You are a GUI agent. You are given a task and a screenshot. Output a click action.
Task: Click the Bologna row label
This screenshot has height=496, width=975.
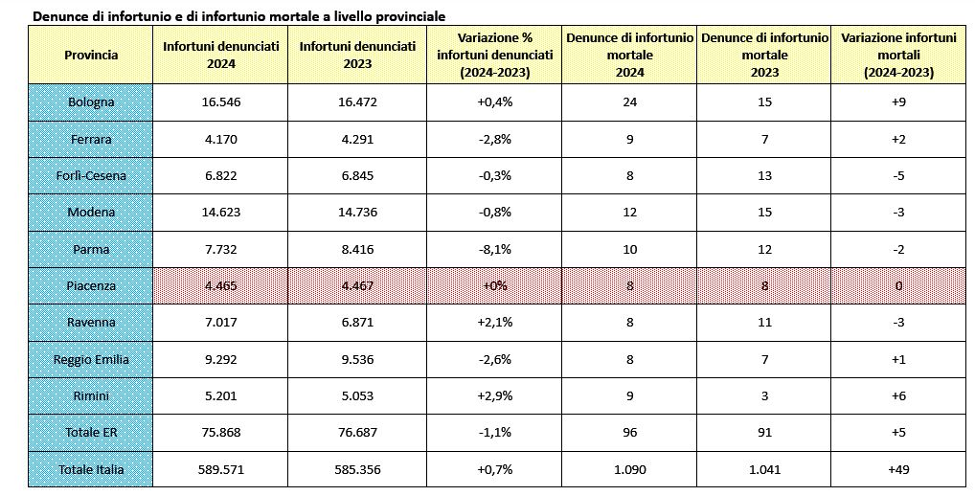(x=91, y=101)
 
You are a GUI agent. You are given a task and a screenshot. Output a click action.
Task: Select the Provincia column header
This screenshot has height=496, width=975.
(x=91, y=55)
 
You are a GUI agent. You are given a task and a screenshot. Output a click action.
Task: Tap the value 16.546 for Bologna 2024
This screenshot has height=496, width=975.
(x=220, y=101)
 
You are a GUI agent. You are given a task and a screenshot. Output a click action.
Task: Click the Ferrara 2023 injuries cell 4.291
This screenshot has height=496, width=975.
(x=357, y=139)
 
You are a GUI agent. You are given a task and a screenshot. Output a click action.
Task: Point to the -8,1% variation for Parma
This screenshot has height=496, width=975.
(x=494, y=249)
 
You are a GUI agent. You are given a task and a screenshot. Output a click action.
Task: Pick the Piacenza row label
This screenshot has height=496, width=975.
(x=91, y=286)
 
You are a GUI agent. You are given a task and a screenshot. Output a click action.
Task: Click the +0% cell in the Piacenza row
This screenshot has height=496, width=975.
(x=494, y=286)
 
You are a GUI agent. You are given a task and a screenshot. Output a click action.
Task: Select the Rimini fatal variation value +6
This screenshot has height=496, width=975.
(x=897, y=395)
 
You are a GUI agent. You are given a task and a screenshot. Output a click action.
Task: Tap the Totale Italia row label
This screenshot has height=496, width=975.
(x=91, y=469)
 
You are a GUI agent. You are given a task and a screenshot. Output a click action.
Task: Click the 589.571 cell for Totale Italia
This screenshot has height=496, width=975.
(x=220, y=469)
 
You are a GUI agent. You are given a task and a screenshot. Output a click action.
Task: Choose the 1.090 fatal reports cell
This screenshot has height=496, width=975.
(x=629, y=469)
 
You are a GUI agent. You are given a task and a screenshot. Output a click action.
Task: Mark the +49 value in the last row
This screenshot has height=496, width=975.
(x=897, y=469)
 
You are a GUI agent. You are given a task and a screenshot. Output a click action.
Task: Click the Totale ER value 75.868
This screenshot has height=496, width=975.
(x=220, y=433)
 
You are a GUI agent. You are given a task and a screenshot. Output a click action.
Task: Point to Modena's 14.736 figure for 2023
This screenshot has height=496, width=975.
(x=357, y=212)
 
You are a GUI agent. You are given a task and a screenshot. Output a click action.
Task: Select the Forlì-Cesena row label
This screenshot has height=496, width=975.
(x=91, y=175)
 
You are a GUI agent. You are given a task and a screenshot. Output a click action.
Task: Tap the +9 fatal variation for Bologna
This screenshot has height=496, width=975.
(x=897, y=101)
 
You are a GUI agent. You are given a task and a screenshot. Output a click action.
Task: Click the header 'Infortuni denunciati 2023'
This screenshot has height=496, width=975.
(x=357, y=55)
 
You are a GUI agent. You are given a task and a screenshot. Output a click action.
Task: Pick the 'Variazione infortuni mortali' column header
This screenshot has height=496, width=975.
(x=898, y=55)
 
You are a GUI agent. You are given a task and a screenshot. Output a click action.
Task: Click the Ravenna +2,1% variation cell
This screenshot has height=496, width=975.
(x=494, y=323)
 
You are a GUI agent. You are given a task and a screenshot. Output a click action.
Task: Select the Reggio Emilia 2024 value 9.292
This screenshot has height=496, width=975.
(x=220, y=359)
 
